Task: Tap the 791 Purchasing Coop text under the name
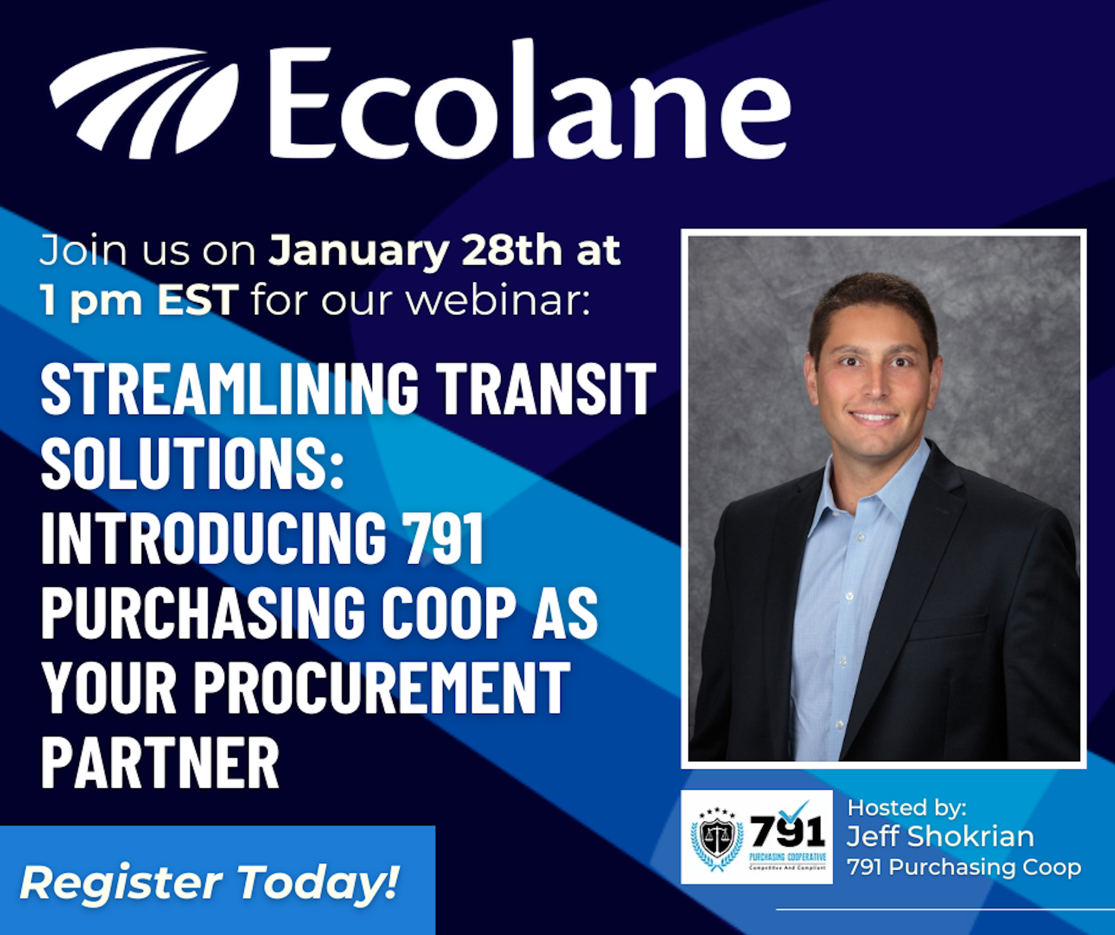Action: pyautogui.click(x=964, y=867)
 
